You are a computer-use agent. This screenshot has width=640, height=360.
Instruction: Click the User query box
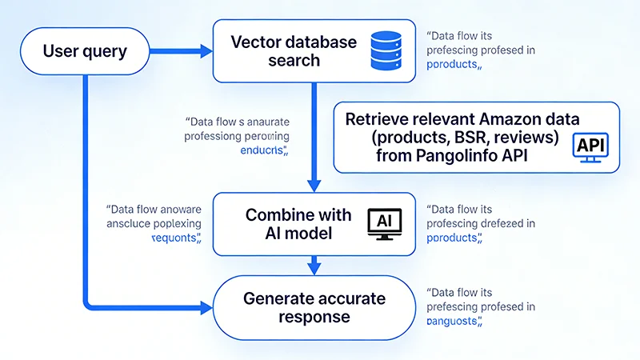click(84, 52)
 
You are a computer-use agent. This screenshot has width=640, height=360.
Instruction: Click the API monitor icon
click(591, 148)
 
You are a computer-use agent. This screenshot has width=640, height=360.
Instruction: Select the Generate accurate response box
click(314, 307)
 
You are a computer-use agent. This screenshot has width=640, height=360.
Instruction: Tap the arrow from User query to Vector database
click(180, 52)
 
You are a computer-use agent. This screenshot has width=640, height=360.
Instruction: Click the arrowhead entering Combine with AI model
click(314, 186)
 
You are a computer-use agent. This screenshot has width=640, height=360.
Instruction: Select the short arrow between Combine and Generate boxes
click(314, 263)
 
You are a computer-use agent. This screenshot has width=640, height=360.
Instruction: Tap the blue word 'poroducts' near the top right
click(454, 64)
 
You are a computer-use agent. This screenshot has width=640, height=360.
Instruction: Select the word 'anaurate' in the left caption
click(263, 122)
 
